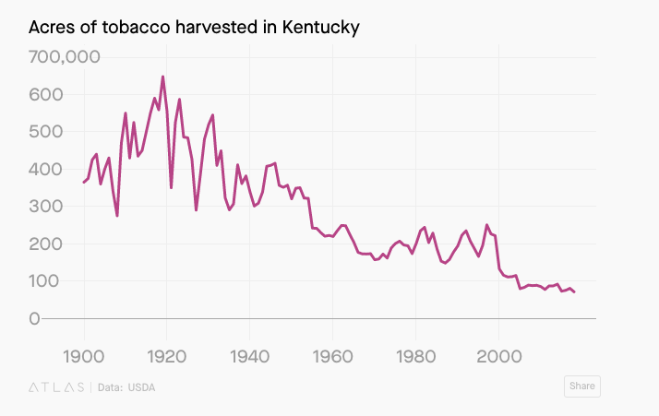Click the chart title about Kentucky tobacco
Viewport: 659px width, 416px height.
pyautogui.click(x=194, y=28)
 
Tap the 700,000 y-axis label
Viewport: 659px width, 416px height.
pyautogui.click(x=65, y=57)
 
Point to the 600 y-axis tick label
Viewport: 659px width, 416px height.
pyautogui.click(x=47, y=95)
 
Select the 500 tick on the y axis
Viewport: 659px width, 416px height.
pyautogui.click(x=47, y=132)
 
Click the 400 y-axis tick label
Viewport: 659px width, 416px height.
pyautogui.click(x=47, y=170)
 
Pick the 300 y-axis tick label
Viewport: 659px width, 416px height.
pyautogui.click(x=47, y=207)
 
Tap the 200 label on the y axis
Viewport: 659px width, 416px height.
pyautogui.click(x=47, y=244)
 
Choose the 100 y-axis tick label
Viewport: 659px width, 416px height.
pyautogui.click(x=47, y=281)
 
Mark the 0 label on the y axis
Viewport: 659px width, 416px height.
pyautogui.click(x=34, y=319)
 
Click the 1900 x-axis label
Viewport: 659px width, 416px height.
pyautogui.click(x=84, y=356)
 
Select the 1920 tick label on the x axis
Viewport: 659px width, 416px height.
pyautogui.click(x=166, y=356)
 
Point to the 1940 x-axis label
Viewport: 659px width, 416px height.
pyautogui.click(x=249, y=356)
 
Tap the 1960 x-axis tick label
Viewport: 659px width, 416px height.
pyautogui.click(x=332, y=356)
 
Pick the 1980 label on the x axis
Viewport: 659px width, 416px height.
pyautogui.click(x=415, y=356)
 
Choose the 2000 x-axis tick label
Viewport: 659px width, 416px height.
pyautogui.click(x=498, y=356)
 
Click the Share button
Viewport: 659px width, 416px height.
pyautogui.click(x=581, y=386)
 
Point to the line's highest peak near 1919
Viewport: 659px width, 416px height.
pyautogui.click(x=162, y=77)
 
